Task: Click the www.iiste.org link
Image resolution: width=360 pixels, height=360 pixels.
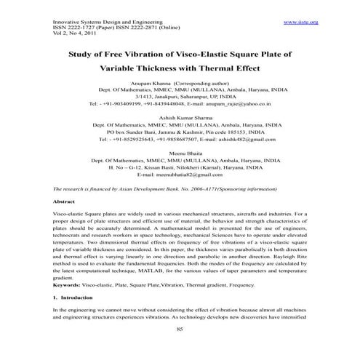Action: click(x=300, y=23)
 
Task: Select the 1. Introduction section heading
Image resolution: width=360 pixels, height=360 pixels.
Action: click(x=76, y=298)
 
